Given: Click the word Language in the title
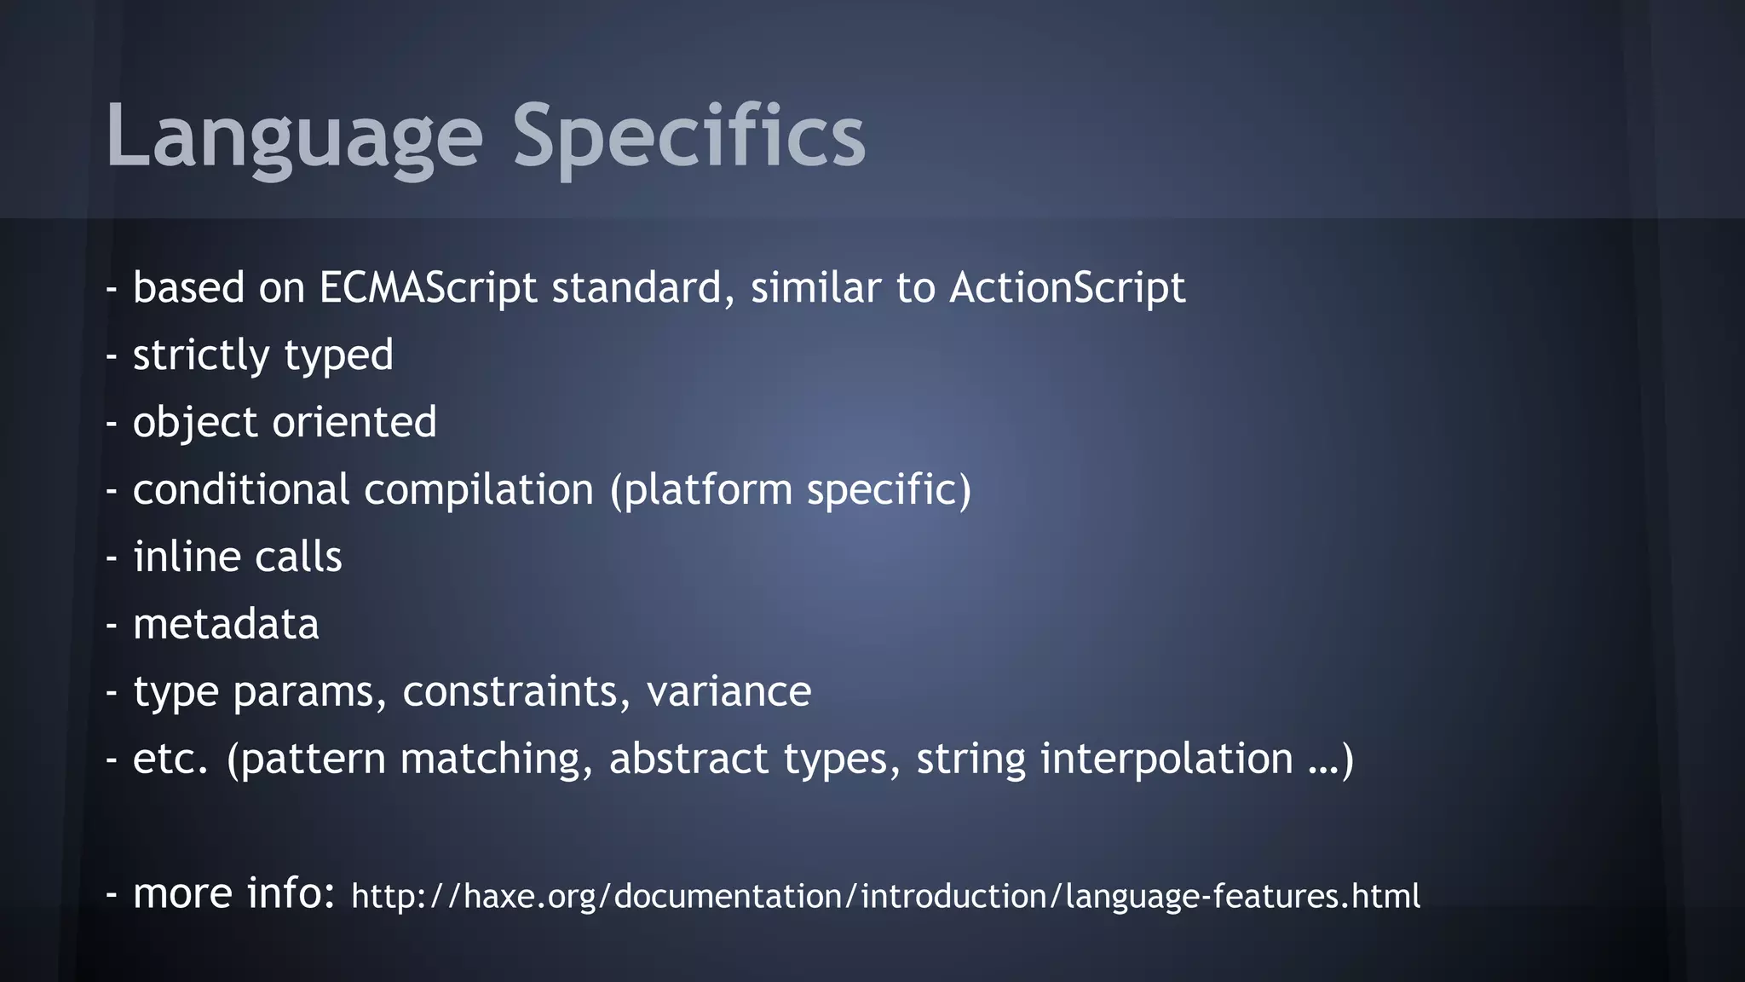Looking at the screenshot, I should (x=294, y=136).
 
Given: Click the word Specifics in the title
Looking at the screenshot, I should (x=688, y=136).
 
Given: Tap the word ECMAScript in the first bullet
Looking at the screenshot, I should (x=428, y=287).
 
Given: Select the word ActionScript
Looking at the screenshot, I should (x=1067, y=287).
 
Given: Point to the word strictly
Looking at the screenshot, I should (x=201, y=355).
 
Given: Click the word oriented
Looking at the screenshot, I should (x=354, y=422).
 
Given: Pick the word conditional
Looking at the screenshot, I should (x=241, y=489).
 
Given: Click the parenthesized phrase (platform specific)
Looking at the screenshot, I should (x=791, y=489).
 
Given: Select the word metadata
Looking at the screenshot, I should (x=226, y=624).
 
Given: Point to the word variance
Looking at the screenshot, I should (x=729, y=691).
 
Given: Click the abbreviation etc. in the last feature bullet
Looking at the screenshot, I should (x=170, y=759).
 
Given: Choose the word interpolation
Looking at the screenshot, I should (x=1166, y=759).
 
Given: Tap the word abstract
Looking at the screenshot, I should (x=688, y=759).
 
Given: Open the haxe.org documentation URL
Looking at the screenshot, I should (x=885, y=896).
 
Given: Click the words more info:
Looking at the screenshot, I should (x=234, y=893).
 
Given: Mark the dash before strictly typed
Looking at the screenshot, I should (x=111, y=356).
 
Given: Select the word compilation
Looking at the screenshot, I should (x=478, y=489).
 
